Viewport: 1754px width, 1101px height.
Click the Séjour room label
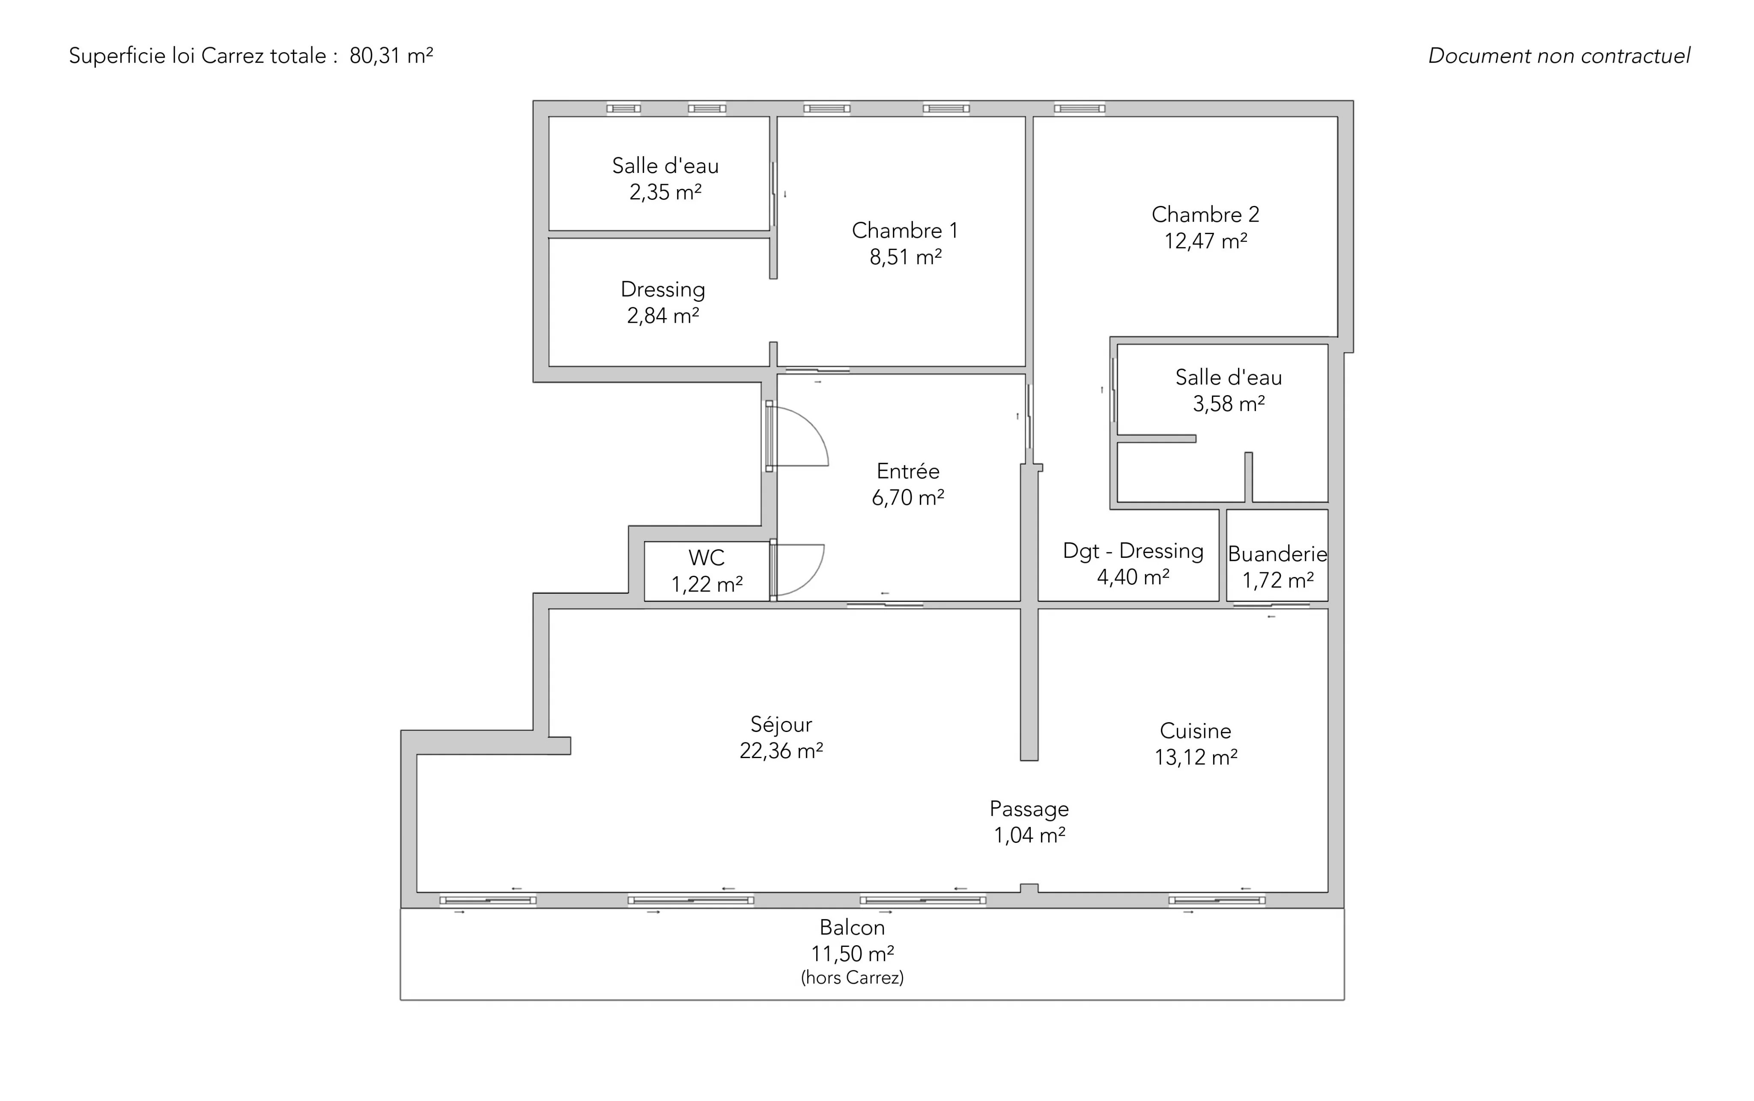(x=781, y=725)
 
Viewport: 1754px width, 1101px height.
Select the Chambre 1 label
(x=905, y=231)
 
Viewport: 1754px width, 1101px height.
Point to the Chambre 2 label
(x=1205, y=215)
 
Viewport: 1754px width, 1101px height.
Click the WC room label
(x=707, y=558)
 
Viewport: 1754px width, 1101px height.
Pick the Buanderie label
(x=1278, y=554)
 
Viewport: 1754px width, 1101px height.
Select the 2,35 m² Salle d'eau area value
(x=665, y=192)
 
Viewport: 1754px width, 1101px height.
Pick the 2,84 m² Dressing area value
(x=663, y=316)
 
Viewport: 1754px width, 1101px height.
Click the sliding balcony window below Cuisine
(x=1217, y=900)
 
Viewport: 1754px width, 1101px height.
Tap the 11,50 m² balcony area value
(x=852, y=954)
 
